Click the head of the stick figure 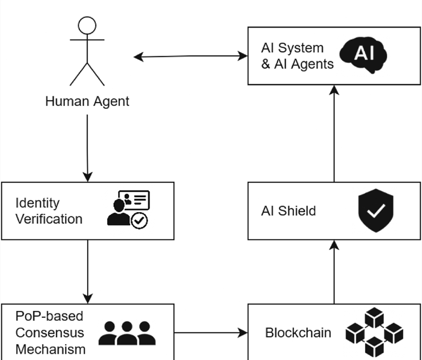coord(87,26)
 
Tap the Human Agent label coord(87,102)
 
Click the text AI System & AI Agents coord(297,56)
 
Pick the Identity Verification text coord(48,211)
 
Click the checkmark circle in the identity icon coord(139,221)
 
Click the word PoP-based coord(49,316)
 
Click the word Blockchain coord(298,333)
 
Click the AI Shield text coord(288,211)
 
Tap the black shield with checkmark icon coord(376,210)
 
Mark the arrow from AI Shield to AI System coord(334,133)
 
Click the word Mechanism coord(50,349)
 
